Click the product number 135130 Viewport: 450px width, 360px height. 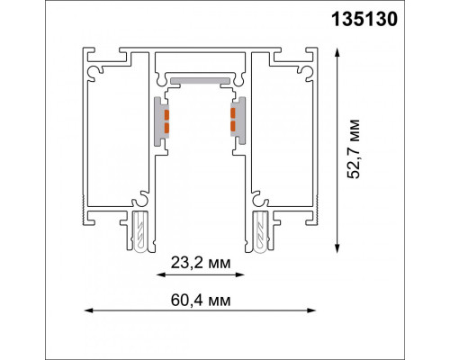[x=364, y=20]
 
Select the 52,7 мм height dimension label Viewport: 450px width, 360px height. [x=354, y=149]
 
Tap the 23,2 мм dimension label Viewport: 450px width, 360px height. [x=201, y=263]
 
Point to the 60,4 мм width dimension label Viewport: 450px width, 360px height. [x=201, y=301]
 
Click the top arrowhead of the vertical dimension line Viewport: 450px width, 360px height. [x=337, y=52]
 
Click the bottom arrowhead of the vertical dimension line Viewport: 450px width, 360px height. [x=337, y=248]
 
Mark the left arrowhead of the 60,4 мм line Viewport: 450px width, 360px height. [x=89, y=310]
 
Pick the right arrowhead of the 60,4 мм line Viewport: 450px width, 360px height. [x=311, y=310]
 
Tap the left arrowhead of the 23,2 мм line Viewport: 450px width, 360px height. [x=161, y=274]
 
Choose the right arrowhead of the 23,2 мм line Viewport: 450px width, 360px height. [x=240, y=274]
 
